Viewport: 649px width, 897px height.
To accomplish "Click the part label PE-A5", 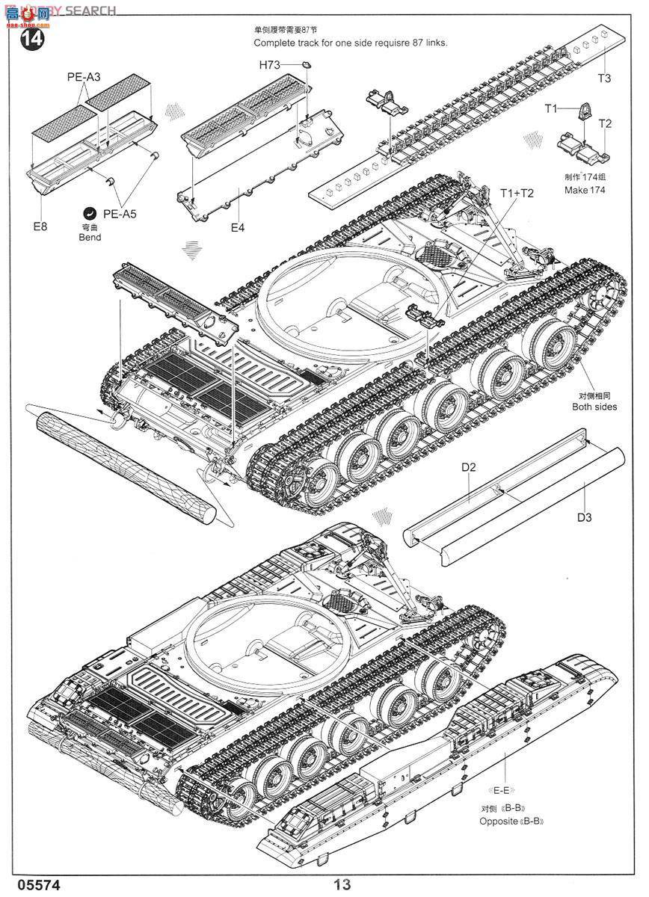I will coord(120,214).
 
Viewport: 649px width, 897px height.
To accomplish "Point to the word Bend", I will coord(89,237).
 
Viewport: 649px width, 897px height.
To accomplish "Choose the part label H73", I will coord(269,66).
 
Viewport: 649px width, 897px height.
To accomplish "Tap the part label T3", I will coord(604,78).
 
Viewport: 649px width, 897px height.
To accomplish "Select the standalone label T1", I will coord(551,109).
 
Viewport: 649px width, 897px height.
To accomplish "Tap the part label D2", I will coord(469,468).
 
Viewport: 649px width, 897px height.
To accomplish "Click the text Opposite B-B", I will coord(511,822).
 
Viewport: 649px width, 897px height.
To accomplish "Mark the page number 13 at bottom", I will coord(343,884).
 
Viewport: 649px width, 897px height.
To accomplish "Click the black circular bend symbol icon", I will coord(90,212).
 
